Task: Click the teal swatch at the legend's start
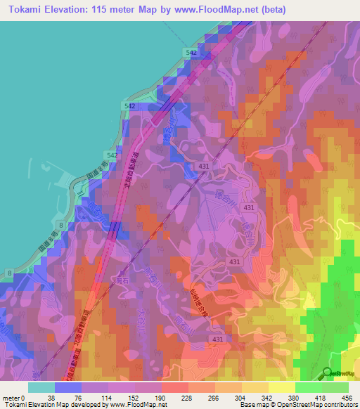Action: [x=41, y=387]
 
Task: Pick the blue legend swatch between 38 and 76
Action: [x=68, y=387]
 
